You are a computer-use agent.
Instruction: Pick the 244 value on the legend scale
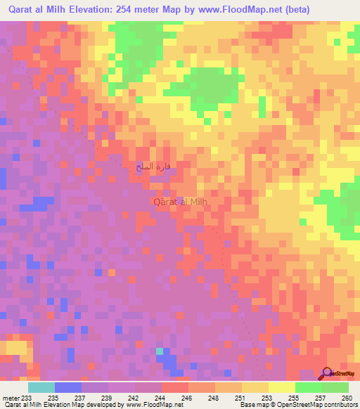point(161,398)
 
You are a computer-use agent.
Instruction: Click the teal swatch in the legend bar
point(41,387)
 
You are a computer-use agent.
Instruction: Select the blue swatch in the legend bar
point(67,387)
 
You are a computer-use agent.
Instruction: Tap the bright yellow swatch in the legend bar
point(281,387)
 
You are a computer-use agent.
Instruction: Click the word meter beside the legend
point(11,398)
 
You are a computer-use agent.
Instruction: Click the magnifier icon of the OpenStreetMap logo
point(328,373)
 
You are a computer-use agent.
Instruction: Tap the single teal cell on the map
point(160,351)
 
